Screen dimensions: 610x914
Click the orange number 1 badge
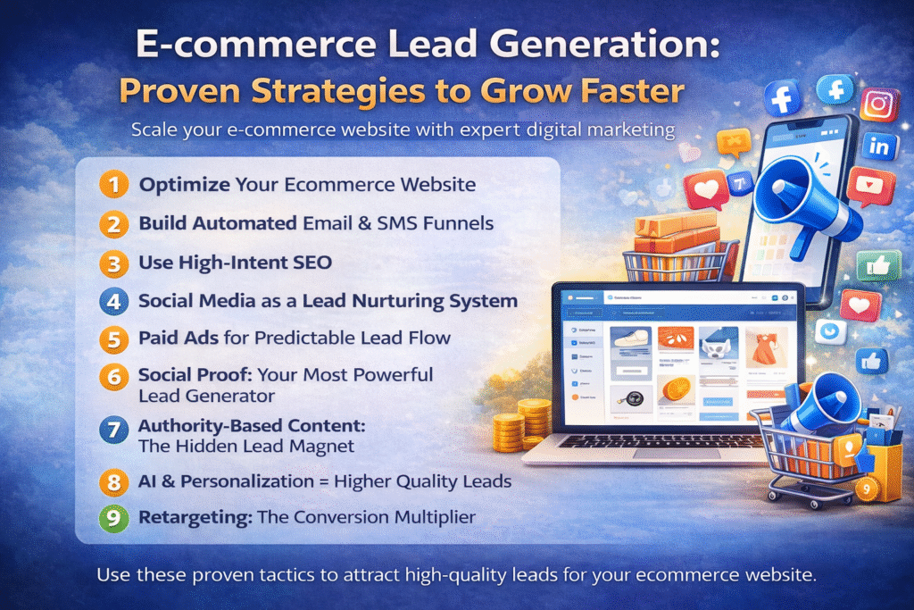click(x=112, y=187)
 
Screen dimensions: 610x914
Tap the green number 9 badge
click(x=112, y=518)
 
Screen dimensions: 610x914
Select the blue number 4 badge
click(x=112, y=301)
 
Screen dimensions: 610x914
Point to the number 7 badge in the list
click(x=112, y=430)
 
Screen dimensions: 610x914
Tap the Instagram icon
click(x=879, y=104)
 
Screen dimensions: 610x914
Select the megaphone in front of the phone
click(x=800, y=203)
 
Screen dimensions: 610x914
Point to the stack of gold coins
click(x=522, y=425)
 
